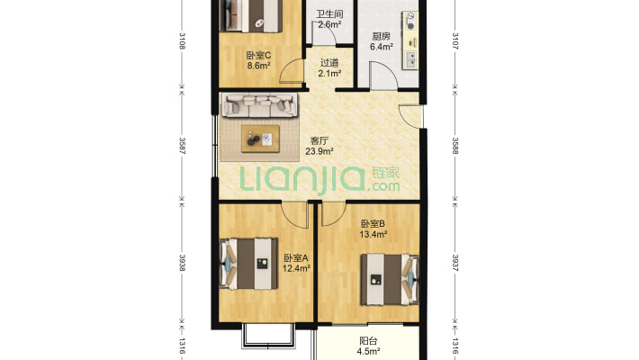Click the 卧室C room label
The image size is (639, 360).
pyautogui.click(x=258, y=55)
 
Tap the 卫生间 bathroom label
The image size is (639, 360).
pyautogui.click(x=329, y=13)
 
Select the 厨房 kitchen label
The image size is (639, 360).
pyautogui.click(x=381, y=36)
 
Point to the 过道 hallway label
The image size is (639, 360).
pyautogui.click(x=329, y=63)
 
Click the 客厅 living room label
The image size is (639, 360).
pyautogui.click(x=319, y=141)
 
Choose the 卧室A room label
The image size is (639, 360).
pyautogui.click(x=296, y=258)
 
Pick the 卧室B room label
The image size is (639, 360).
pyautogui.click(x=373, y=224)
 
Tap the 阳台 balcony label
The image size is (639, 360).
pyautogui.click(x=368, y=341)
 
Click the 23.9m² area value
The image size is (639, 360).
pyautogui.click(x=319, y=152)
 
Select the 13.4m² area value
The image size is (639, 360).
pyautogui.click(x=373, y=234)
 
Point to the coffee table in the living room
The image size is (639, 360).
pyautogui.click(x=260, y=139)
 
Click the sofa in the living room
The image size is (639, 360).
pyautogui.click(x=259, y=104)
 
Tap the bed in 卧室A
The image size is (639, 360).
pyautogui.click(x=248, y=265)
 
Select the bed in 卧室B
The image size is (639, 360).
pyautogui.click(x=390, y=280)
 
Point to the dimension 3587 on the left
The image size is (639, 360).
pyautogui.click(x=182, y=146)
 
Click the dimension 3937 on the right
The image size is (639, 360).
pyautogui.click(x=455, y=263)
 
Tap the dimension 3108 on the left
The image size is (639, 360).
pyautogui.click(x=182, y=40)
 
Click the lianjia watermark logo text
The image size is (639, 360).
pyautogui.click(x=319, y=179)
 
